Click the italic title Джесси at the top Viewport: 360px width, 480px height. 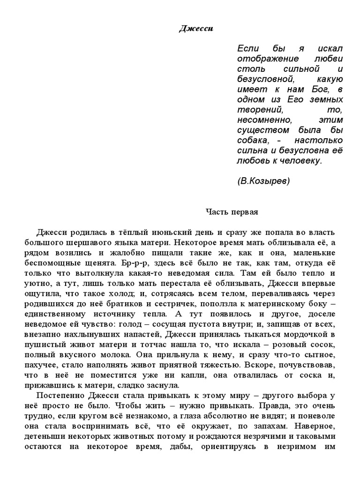click(196, 29)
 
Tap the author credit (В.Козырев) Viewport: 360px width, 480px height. click(263, 180)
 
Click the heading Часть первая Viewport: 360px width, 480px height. click(232, 212)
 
